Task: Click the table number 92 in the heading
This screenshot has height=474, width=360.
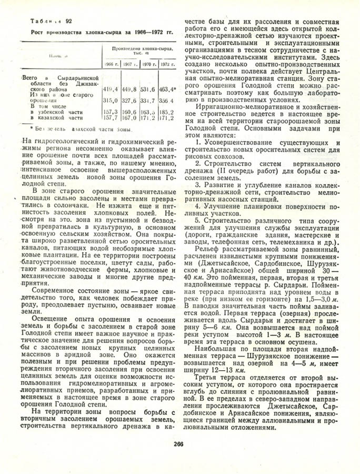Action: click(69, 21)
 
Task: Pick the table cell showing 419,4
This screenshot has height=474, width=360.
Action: click(109, 89)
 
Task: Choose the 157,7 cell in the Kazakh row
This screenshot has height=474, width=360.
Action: click(109, 118)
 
